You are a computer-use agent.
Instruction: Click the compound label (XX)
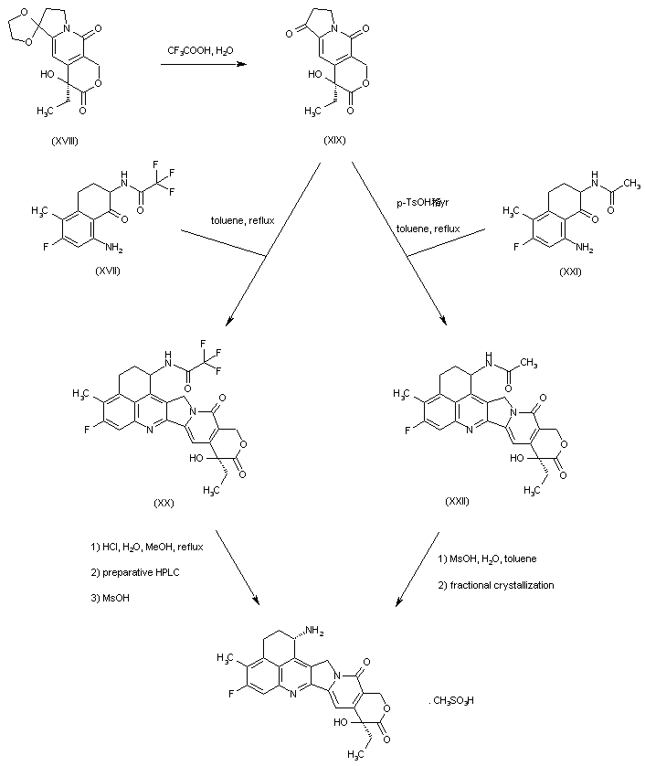click(165, 502)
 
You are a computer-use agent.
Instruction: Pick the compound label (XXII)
click(457, 502)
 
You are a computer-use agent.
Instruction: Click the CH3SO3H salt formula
click(450, 700)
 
